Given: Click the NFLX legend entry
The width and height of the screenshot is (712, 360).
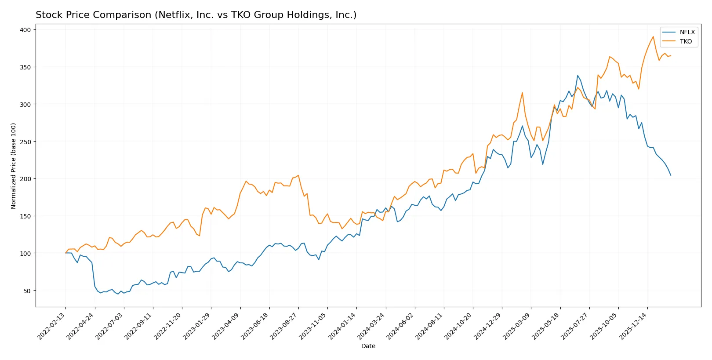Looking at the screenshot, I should (x=687, y=32).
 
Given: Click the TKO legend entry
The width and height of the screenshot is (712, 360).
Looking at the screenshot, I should (x=686, y=41).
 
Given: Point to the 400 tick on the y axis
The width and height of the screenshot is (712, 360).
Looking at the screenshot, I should (x=25, y=30).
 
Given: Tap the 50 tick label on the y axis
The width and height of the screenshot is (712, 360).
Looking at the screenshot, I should (x=27, y=291).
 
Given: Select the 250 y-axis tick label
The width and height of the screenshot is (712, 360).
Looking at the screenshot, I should (x=25, y=142).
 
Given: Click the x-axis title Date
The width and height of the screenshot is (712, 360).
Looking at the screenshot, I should (x=368, y=346).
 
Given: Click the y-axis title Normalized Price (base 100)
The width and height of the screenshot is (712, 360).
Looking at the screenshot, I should (x=14, y=166).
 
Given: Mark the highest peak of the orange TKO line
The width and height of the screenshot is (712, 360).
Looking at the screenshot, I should (x=653, y=36).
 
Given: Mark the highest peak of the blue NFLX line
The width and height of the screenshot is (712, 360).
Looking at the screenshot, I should (x=578, y=76).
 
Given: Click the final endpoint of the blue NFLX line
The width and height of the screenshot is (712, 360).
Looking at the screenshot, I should (x=671, y=175).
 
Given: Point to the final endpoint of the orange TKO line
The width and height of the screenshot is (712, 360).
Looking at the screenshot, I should (x=671, y=55).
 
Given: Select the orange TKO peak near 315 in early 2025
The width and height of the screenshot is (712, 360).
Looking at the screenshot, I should (x=522, y=93).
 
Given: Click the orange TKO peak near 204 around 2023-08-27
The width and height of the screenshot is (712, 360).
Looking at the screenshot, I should (x=298, y=175).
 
